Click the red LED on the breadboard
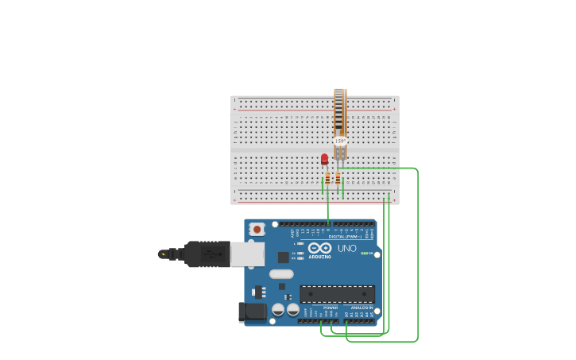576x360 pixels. pyautogui.click(x=324, y=159)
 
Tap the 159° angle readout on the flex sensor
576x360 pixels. pyautogui.click(x=340, y=141)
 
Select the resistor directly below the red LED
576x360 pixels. pyautogui.click(x=327, y=179)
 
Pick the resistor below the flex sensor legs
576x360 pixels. pyautogui.click(x=338, y=179)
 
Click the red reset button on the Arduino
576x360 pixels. pyautogui.click(x=256, y=229)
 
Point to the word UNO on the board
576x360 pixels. pyautogui.click(x=347, y=249)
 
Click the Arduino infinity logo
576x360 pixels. pyautogui.click(x=320, y=248)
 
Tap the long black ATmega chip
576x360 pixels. pyautogui.click(x=337, y=293)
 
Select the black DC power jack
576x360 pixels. pyautogui.click(x=253, y=312)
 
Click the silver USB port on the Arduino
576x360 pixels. pyautogui.click(x=247, y=254)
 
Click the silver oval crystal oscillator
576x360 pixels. pyautogui.click(x=281, y=274)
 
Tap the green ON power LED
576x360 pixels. pyautogui.click(x=367, y=254)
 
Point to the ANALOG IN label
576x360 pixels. pyautogui.click(x=361, y=307)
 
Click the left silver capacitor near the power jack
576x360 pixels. pyautogui.click(x=279, y=309)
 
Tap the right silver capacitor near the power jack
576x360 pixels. pyautogui.click(x=292, y=309)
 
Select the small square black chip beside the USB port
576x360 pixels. pyautogui.click(x=283, y=257)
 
